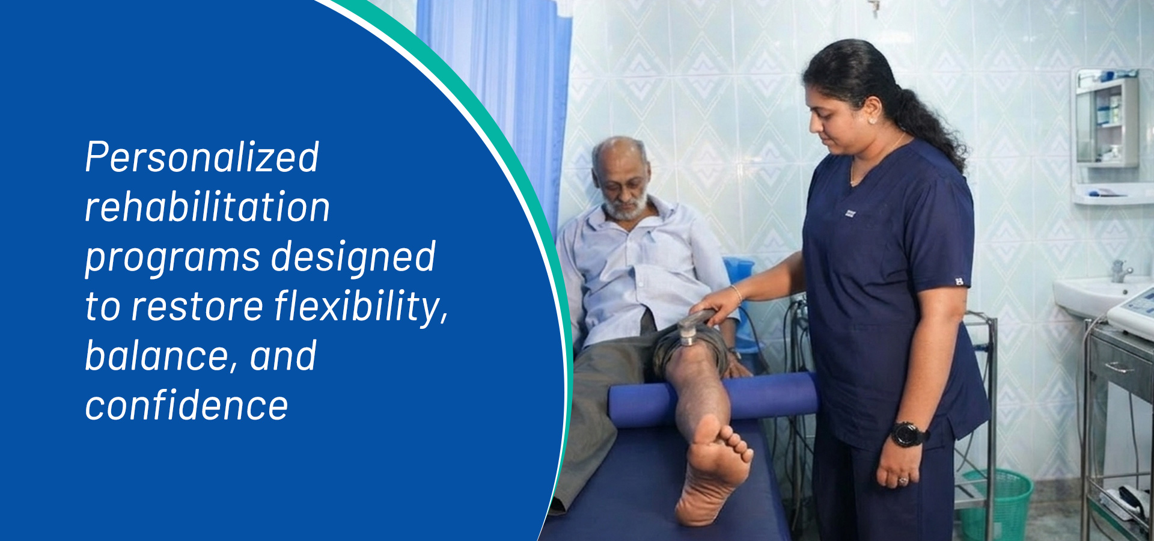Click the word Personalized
pyautogui.click(x=202, y=158)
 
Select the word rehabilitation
pyautogui.click(x=207, y=207)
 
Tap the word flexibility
pyautogui.click(x=361, y=307)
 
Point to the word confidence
pyautogui.click(x=186, y=405)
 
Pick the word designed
pyautogui.click(x=353, y=257)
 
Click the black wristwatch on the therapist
pyautogui.click(x=907, y=434)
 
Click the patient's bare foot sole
pyautogui.click(x=712, y=475)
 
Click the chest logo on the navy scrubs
pyautogui.click(x=850, y=213)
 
